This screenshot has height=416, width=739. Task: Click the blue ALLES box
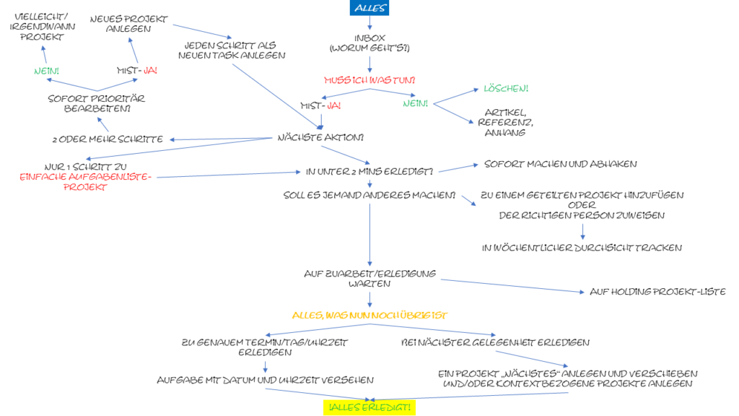[370, 9]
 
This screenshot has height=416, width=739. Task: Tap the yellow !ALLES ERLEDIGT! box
[369, 408]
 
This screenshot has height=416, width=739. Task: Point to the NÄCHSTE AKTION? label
[320, 137]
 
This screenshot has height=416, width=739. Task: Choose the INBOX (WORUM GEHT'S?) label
[370, 43]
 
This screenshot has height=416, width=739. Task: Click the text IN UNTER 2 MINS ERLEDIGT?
[369, 171]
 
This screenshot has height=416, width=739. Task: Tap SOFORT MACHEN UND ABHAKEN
[560, 164]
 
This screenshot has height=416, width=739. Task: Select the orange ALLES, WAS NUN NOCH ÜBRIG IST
[369, 316]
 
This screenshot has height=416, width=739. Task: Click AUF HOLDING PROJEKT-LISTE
[657, 292]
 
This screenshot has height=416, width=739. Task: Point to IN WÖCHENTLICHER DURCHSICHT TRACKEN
[582, 248]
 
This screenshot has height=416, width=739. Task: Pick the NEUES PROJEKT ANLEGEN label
[130, 24]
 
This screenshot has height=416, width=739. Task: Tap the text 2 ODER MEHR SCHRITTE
[108, 139]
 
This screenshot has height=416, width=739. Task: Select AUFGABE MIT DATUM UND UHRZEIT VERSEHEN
[265, 380]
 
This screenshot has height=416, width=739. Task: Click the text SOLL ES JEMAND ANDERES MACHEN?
[369, 195]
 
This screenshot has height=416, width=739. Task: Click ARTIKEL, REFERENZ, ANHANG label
[505, 123]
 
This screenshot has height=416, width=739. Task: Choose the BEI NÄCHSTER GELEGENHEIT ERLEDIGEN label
[495, 342]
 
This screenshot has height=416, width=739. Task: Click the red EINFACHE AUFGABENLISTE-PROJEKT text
[85, 181]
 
